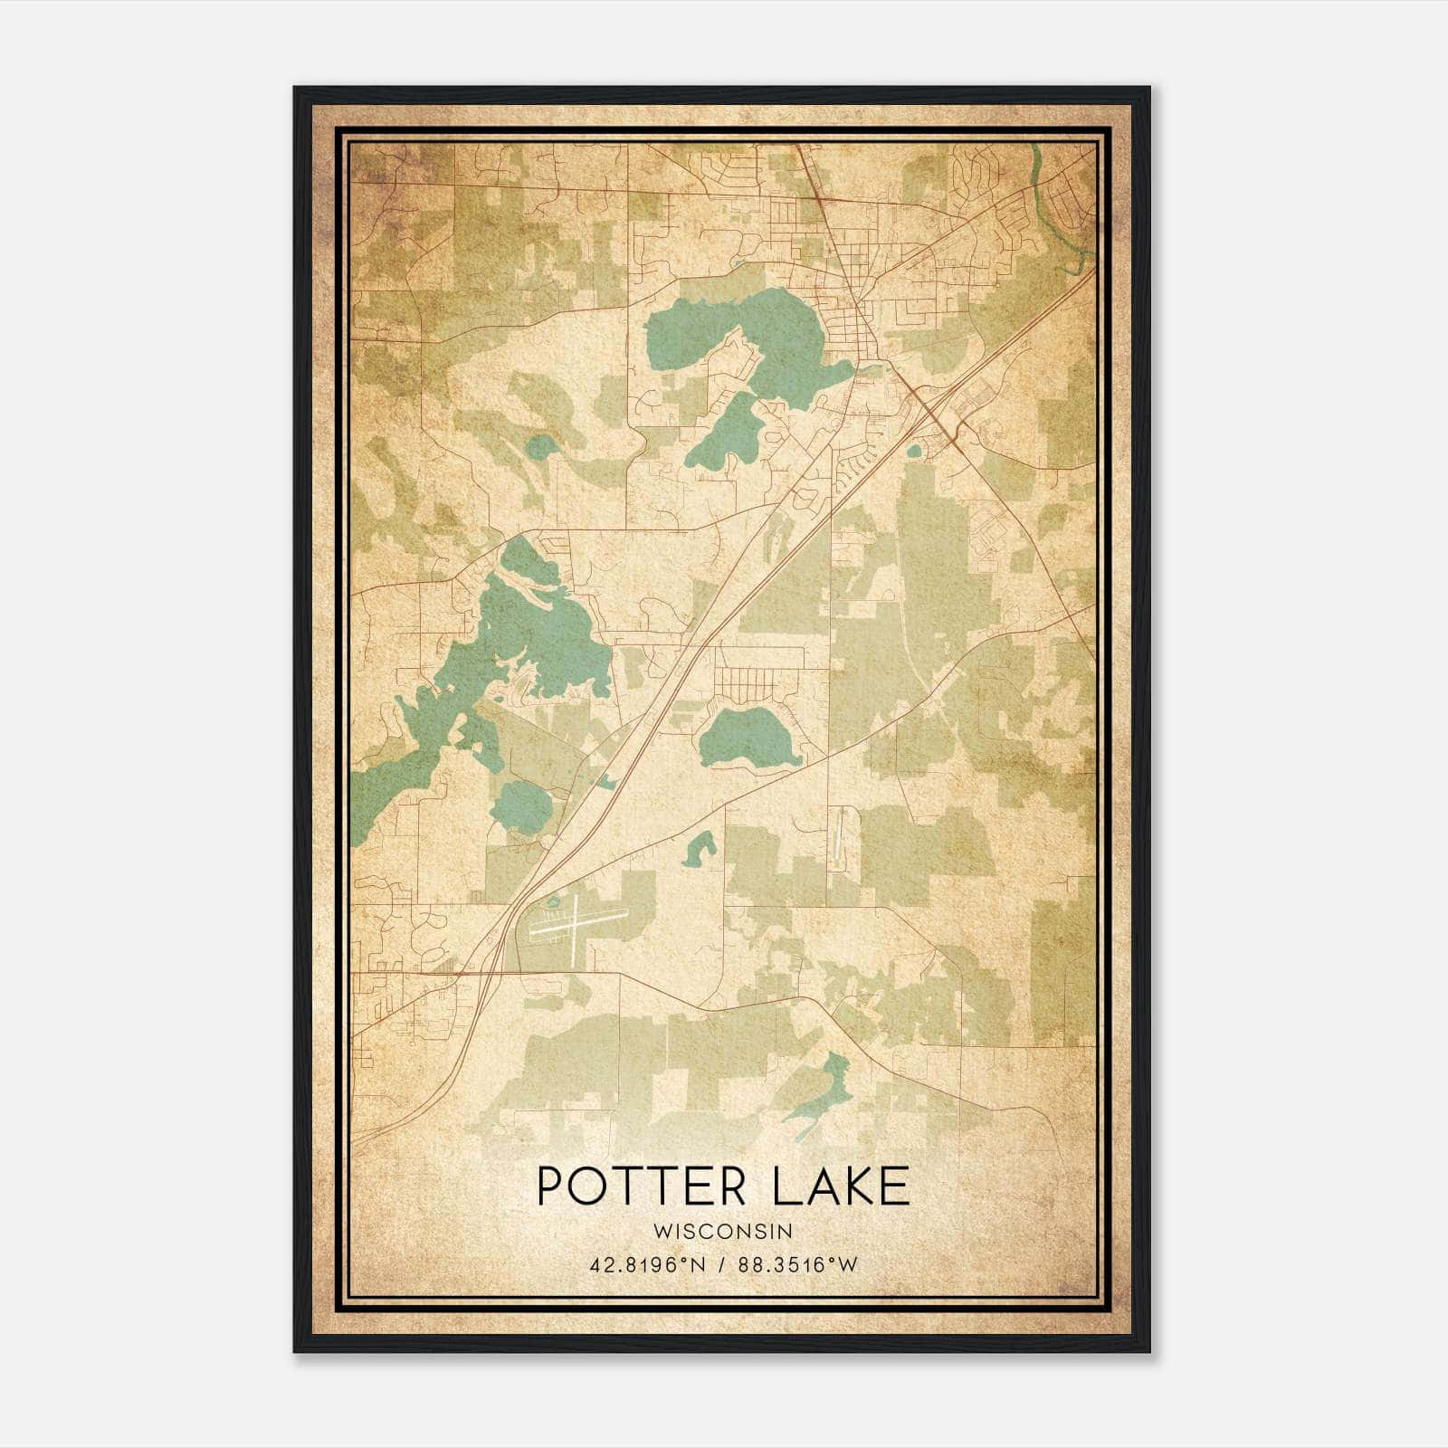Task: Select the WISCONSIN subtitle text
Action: tap(723, 1231)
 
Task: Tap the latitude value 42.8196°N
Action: tap(645, 1265)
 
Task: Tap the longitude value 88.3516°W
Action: tap(797, 1265)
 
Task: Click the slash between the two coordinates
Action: tap(720, 1265)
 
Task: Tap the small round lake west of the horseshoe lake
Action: tap(540, 446)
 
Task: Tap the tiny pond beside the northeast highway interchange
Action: tap(913, 450)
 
